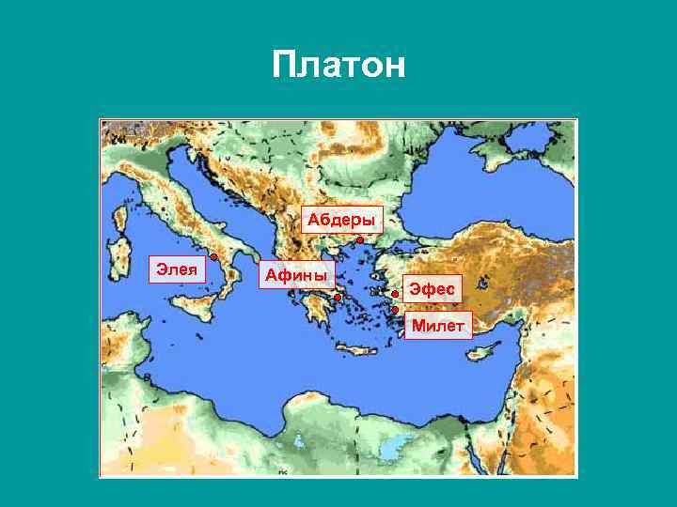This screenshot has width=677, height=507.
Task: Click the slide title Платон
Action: [338, 66]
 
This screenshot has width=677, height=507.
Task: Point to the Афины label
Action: [296, 274]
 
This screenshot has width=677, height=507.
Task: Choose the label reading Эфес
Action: [432, 289]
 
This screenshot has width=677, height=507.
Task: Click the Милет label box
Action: [438, 325]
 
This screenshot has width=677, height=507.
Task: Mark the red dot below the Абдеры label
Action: [360, 240]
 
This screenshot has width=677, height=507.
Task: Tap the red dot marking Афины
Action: [337, 297]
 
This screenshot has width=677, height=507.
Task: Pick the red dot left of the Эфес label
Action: [396, 294]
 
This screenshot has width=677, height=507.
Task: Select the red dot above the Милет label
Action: [396, 310]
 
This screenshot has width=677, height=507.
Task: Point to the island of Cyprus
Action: [483, 350]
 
